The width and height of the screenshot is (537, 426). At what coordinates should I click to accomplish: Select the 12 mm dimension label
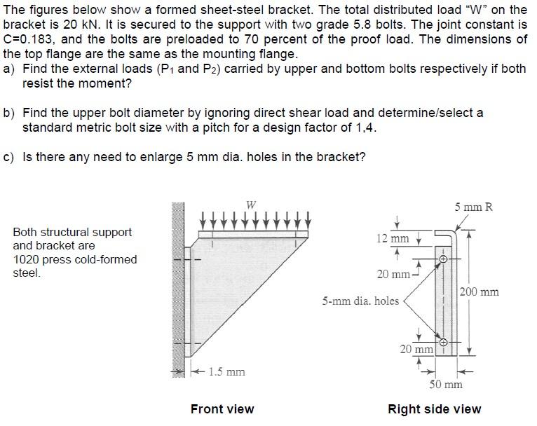[390, 238]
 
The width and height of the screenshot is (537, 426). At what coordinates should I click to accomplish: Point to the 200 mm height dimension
[480, 291]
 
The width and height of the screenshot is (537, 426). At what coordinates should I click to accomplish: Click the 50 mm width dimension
[446, 384]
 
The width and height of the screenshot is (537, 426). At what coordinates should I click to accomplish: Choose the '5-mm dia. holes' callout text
[360, 301]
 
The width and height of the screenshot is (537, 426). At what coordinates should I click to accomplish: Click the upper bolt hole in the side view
[442, 259]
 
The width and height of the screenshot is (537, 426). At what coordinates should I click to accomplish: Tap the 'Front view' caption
[222, 408]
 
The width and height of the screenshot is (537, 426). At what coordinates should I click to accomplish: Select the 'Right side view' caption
[435, 408]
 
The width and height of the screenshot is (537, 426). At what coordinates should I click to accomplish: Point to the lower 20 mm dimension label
[416, 348]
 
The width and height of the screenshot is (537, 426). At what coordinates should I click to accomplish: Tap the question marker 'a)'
[10, 69]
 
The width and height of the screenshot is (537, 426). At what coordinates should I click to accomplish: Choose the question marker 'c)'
[10, 157]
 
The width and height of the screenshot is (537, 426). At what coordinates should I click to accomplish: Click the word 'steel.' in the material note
[27, 273]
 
